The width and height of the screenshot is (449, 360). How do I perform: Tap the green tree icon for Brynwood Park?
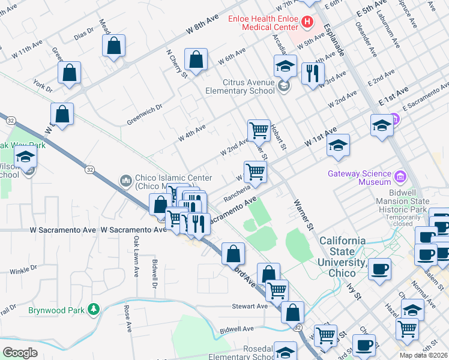tap(93, 310)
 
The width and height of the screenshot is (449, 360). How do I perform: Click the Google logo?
tap(20, 353)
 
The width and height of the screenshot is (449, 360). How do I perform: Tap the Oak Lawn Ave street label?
tap(136, 256)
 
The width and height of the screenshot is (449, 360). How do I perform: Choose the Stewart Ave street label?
tap(250, 306)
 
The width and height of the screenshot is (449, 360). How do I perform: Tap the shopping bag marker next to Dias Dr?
tap(113, 46)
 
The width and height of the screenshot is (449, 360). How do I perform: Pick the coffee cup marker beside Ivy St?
tap(379, 268)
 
